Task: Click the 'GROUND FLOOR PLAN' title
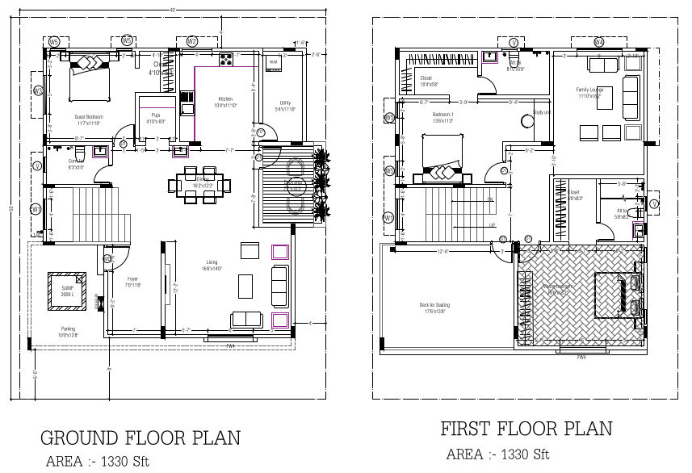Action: [140, 437]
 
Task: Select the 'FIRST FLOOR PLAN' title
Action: [526, 428]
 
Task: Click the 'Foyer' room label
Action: [133, 281]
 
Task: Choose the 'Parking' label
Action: [69, 329]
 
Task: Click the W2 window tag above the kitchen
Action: [192, 41]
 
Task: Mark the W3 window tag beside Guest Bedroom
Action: [37, 90]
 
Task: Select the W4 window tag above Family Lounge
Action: [598, 41]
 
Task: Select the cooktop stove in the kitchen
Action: [225, 58]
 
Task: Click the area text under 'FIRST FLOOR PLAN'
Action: [497, 454]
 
